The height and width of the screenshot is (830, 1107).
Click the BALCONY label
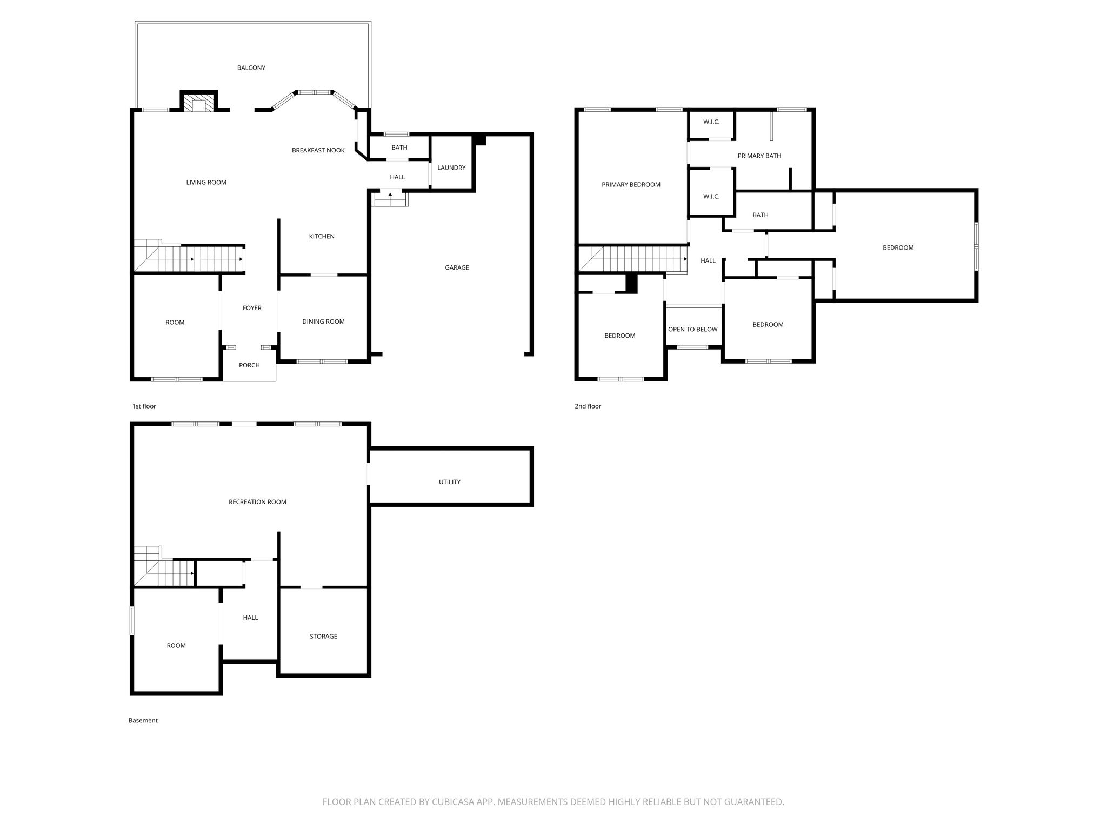[251, 68]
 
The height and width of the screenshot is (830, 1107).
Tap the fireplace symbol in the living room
[198, 103]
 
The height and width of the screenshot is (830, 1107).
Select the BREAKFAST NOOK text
[318, 150]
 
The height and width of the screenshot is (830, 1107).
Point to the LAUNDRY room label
[451, 168]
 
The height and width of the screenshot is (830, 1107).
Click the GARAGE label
[457, 267]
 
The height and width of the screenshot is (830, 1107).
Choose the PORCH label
[250, 365]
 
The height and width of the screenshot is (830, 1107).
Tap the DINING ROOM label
[324, 322]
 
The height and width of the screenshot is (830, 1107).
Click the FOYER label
[252, 308]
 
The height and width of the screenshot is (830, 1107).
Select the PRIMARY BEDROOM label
[631, 185]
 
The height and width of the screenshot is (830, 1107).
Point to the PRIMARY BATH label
[759, 156]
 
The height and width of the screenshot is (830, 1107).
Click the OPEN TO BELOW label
[693, 330]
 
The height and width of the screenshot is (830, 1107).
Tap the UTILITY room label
[450, 482]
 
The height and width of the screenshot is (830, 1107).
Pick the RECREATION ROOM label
[258, 502]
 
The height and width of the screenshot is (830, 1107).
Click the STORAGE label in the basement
[324, 637]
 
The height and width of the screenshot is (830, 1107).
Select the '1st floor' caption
[144, 406]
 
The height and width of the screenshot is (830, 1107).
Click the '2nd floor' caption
[588, 406]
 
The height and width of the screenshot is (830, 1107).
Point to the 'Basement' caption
[143, 720]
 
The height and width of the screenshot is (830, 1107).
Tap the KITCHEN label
[322, 236]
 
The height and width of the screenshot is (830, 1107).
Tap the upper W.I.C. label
[712, 122]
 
